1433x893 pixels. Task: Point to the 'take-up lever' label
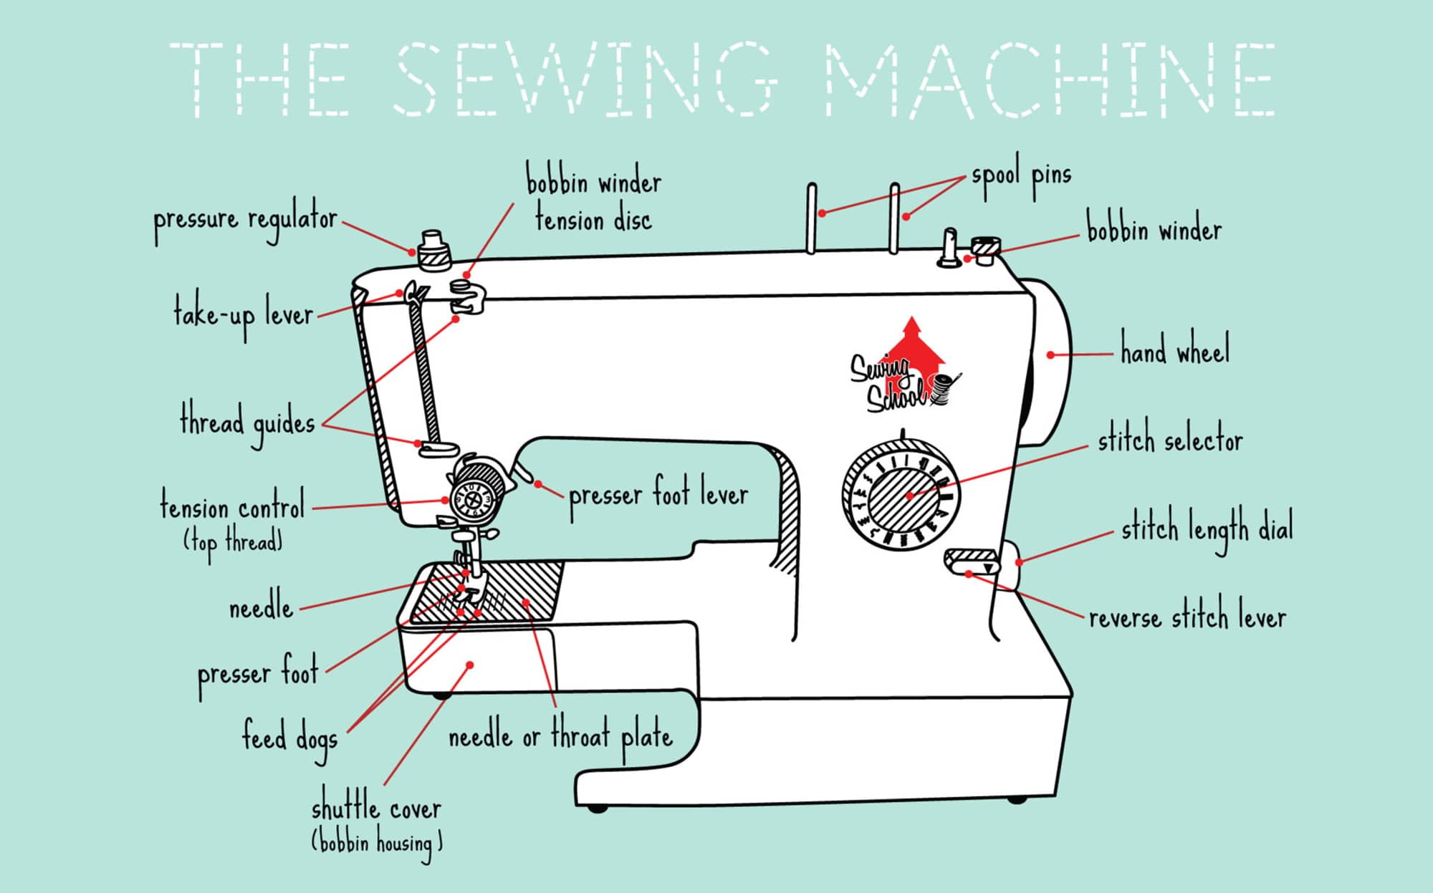pos(244,315)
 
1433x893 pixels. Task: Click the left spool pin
pos(811,218)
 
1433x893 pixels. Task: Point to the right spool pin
pos(894,218)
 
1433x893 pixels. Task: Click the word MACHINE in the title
pos(1050,79)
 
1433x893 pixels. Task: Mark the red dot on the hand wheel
pos(1050,354)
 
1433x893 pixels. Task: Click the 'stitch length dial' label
pos(1207,530)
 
